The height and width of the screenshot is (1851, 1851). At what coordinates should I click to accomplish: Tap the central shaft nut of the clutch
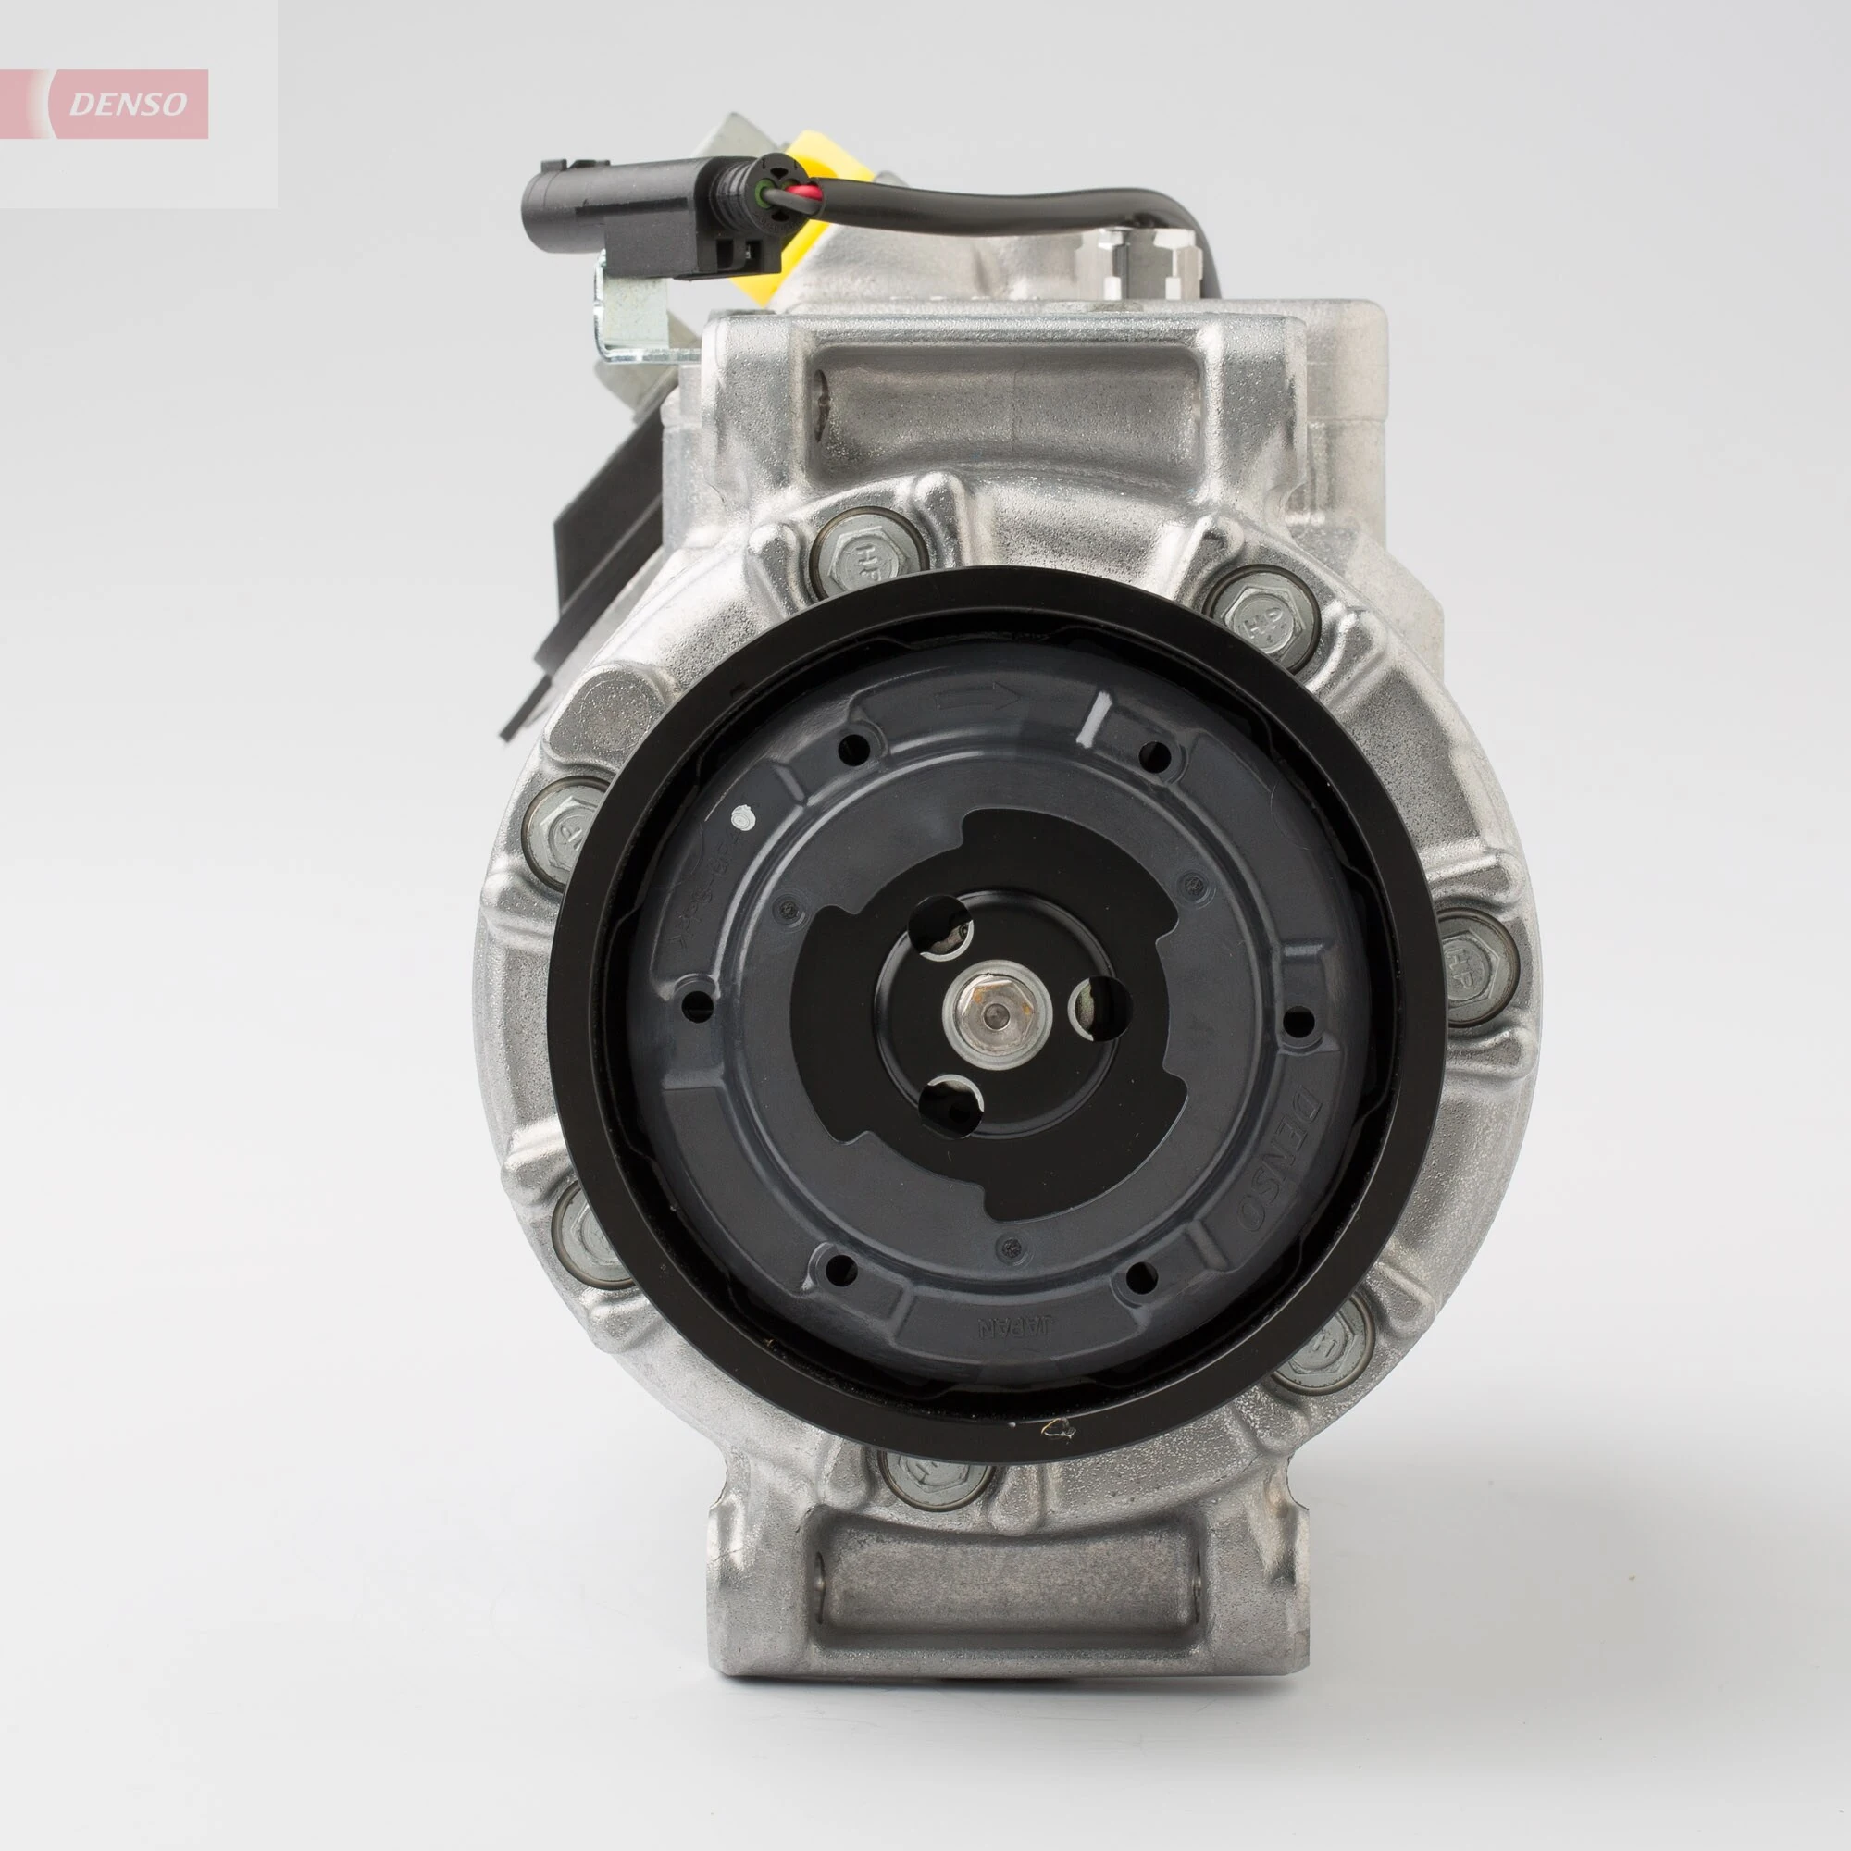point(996,1012)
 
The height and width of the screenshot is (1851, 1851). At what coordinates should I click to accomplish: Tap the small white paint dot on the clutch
point(739,818)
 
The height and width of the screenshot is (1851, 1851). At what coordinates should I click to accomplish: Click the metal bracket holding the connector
point(633,317)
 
